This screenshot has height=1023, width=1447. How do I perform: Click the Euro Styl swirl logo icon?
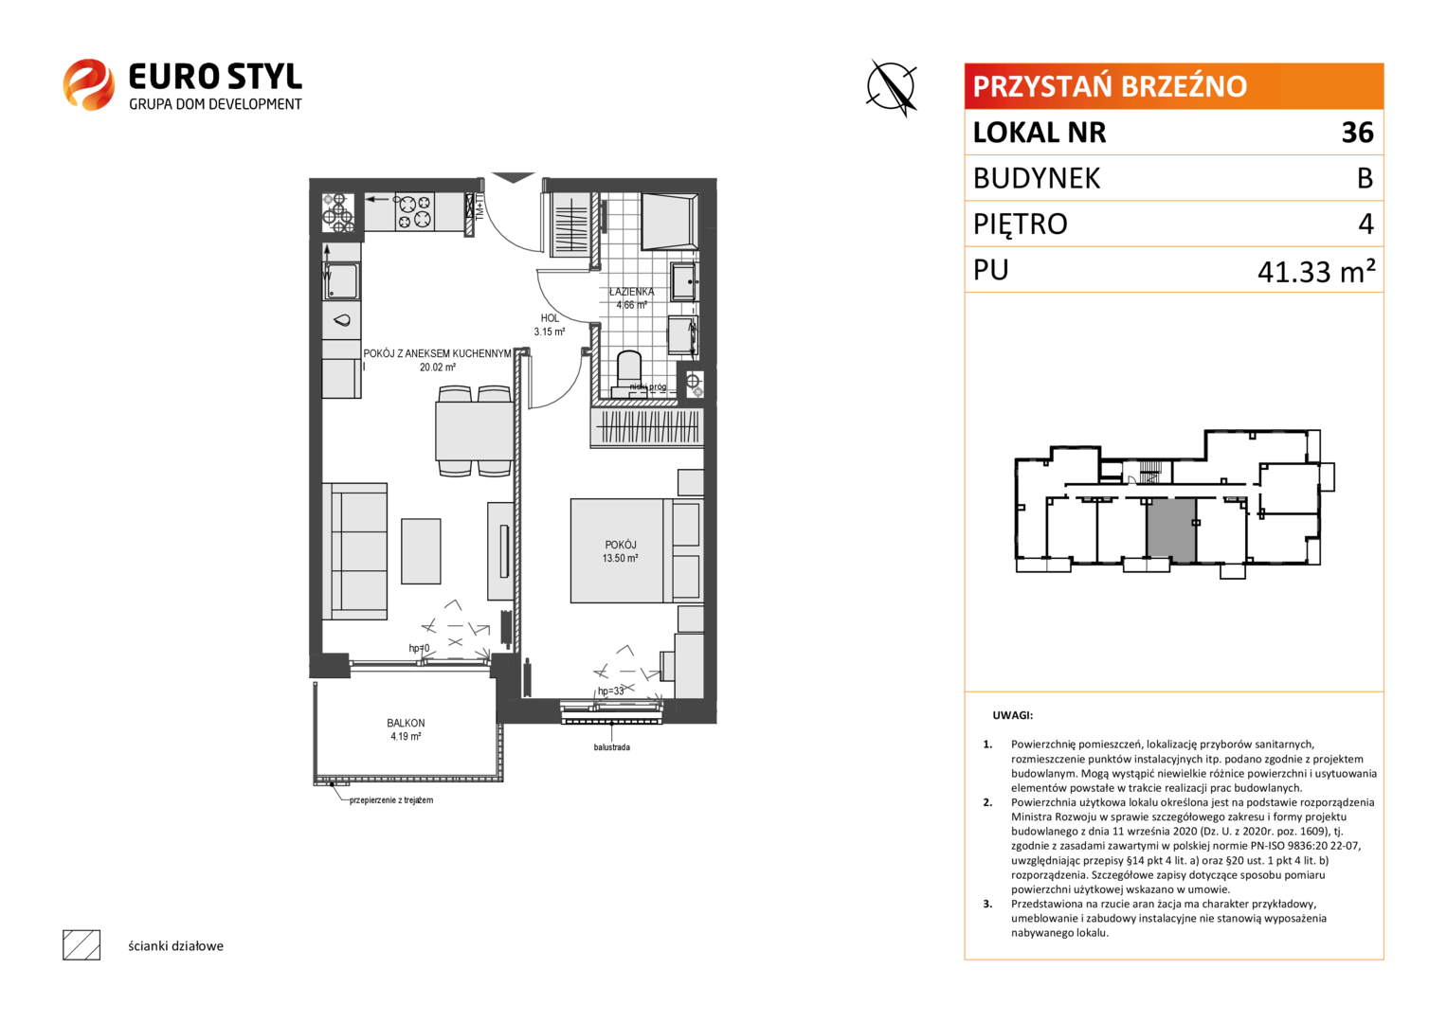coord(88,84)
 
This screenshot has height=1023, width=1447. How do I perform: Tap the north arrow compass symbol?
coord(892,87)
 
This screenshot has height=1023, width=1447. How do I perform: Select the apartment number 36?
coord(1357,133)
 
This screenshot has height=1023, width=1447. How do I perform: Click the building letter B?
coord(1365,178)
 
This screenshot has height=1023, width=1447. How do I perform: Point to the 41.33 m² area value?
coord(1316,271)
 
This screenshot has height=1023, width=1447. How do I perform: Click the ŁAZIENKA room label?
coord(631,292)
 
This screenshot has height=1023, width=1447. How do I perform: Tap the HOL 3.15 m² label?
coord(549,325)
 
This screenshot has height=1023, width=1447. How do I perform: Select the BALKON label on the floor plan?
coord(406,723)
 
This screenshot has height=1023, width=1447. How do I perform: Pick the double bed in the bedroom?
coord(636,550)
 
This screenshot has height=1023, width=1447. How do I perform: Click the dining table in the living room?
coord(474,430)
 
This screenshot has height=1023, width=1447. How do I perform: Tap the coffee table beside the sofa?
coord(421,551)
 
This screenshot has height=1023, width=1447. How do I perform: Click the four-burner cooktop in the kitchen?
coord(414,212)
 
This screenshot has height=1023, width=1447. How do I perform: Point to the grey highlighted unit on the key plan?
coord(1170,530)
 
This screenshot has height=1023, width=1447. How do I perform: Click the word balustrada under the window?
coord(611,747)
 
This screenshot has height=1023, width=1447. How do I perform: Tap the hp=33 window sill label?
coord(610,691)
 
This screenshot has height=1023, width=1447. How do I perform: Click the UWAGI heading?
coord(1012,715)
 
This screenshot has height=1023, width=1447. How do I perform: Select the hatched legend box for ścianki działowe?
coord(81,945)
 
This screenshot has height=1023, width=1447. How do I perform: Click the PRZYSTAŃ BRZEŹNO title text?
coord(1110,86)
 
